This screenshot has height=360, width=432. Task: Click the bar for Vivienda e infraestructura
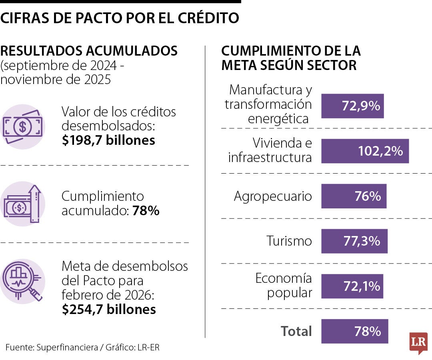coord(365,151)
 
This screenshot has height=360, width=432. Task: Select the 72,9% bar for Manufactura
coord(352,106)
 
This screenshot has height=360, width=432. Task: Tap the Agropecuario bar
coord(354,196)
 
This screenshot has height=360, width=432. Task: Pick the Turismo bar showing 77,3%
coord(354,241)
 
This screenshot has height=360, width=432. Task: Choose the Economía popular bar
coord(352,286)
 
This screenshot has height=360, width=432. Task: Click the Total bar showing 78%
coord(354,331)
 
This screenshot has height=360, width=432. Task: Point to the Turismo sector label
coord(289,241)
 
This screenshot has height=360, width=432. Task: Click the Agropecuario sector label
coord(272,196)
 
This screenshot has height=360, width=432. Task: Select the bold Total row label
coord(296,331)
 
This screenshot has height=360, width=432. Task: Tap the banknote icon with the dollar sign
coord(22,127)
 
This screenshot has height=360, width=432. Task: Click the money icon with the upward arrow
coord(22,204)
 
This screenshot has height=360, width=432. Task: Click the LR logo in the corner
coord(418,342)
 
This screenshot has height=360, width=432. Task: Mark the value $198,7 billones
coord(108,140)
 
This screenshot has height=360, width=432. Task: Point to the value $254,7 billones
coord(109,309)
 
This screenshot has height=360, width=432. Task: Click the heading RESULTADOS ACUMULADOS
coord(89,51)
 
